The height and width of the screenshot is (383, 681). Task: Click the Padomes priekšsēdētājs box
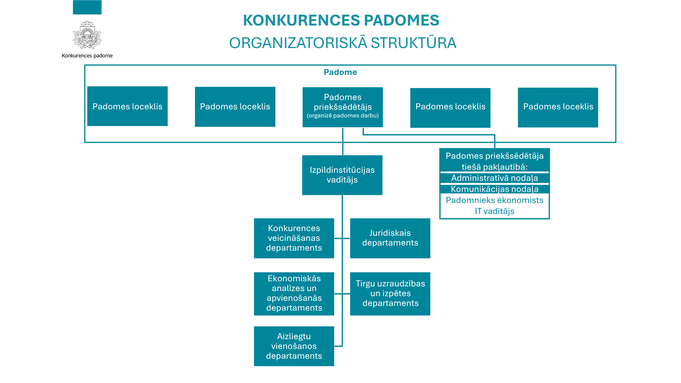343,107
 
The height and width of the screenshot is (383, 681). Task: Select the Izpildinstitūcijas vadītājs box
342,175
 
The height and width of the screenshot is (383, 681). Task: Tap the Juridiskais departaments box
390,238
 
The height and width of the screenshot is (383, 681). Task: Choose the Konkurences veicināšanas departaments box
294,238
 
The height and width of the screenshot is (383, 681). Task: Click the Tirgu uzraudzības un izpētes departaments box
390,294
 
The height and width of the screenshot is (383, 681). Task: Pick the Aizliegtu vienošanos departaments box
294,346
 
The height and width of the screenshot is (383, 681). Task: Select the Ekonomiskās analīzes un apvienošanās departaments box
294,294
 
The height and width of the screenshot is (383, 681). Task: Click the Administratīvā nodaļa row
495,178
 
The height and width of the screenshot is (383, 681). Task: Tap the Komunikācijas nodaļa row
495,189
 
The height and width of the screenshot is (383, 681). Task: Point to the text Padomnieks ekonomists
495,200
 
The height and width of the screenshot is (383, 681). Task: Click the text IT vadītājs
495,211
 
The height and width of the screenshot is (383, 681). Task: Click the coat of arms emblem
87,35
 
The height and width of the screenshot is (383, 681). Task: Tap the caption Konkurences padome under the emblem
87,56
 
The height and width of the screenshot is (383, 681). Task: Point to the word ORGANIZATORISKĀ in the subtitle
298,43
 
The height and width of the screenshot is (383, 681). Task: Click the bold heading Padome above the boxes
340,72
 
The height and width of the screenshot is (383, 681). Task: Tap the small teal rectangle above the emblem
87,7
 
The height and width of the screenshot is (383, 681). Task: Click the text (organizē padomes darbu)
343,115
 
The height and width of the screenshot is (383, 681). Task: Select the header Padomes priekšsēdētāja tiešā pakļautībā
495,161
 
